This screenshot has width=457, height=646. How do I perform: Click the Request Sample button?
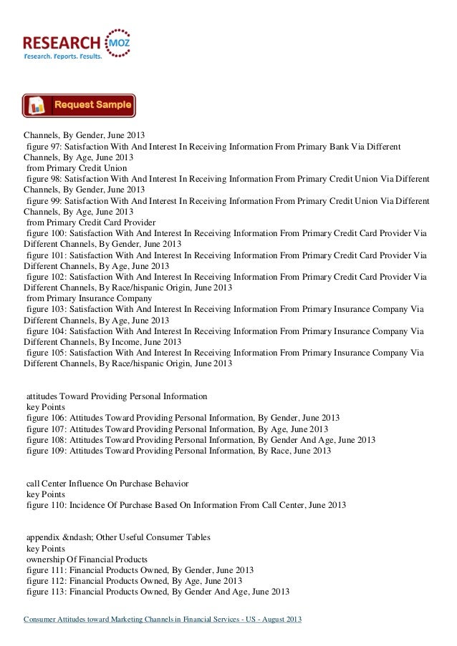(x=79, y=105)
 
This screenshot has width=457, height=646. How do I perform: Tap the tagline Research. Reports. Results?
(x=63, y=55)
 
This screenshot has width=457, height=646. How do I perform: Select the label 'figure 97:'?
(x=46, y=147)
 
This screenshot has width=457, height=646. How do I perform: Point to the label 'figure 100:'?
(x=48, y=234)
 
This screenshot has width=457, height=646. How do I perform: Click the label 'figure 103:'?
(x=48, y=309)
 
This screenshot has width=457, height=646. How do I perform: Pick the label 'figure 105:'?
(x=48, y=353)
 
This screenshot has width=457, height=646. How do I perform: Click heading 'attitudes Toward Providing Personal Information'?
(x=117, y=396)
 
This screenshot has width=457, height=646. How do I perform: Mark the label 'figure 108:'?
(x=48, y=439)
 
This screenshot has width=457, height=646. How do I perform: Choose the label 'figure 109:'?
(x=48, y=451)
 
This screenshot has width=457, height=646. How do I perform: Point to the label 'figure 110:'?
(x=48, y=505)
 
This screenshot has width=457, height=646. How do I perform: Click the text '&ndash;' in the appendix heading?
(x=83, y=537)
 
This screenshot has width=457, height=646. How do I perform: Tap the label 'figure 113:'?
(x=48, y=592)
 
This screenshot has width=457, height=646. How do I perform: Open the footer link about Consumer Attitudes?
(x=163, y=618)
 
